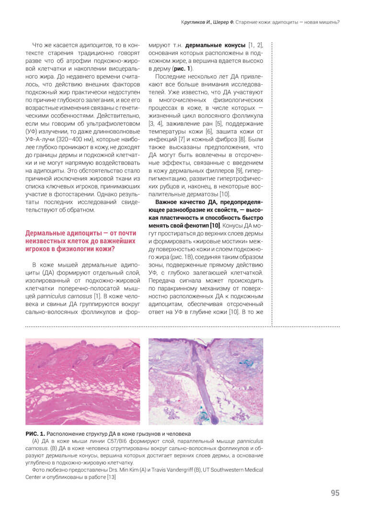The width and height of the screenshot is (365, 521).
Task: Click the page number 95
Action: (x=335, y=493)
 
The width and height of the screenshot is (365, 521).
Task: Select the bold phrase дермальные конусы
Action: (x=216, y=45)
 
